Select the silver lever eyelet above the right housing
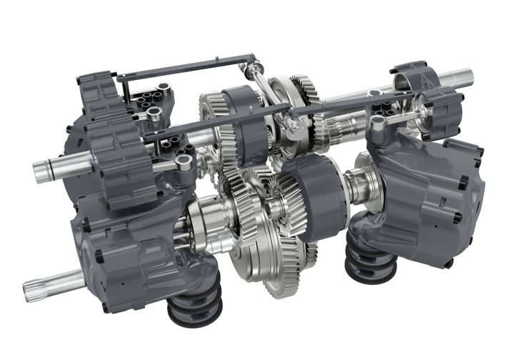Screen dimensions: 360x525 379,124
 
